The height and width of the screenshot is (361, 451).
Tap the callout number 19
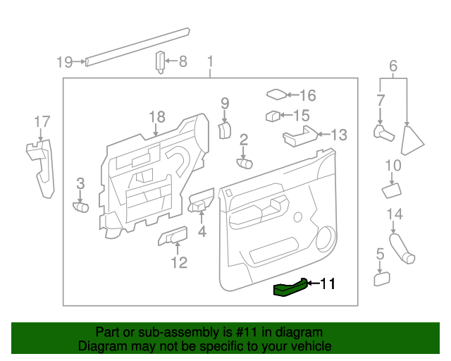64,62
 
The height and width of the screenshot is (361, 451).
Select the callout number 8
183,62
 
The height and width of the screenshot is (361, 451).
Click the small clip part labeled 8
160,62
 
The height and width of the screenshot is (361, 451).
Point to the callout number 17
42,123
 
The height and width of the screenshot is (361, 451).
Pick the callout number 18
156,116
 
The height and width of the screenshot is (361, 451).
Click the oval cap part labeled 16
276,94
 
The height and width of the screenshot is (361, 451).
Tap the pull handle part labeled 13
297,138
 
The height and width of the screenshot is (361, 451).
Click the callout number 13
339,134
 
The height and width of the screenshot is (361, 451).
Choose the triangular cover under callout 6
412,140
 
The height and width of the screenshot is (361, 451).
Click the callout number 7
380,100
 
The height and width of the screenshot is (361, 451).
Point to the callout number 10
393,166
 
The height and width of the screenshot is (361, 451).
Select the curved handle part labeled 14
402,249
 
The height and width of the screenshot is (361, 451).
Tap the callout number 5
380,254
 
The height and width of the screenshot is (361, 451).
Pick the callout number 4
202,231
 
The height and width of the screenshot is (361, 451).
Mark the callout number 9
225,104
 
